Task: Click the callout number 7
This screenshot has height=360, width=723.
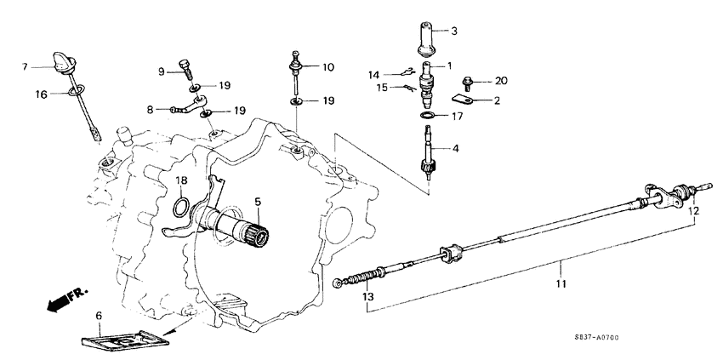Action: tap(26, 66)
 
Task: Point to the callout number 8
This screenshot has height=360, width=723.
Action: tap(150, 109)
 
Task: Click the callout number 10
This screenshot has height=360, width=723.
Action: tap(328, 66)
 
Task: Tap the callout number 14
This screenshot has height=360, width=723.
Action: tap(374, 75)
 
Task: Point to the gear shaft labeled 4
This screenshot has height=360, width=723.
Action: tap(429, 151)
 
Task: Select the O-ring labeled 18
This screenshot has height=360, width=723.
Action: tap(181, 207)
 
